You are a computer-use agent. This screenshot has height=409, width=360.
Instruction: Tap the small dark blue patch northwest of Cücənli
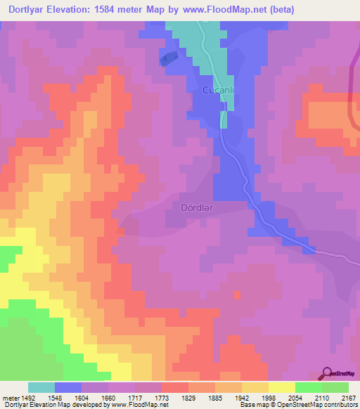coord(168,58)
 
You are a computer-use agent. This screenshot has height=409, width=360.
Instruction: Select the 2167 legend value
coord(349,398)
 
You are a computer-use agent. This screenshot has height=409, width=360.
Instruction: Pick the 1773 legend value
coord(162,398)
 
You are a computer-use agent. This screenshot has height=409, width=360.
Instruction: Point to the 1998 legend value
coord(269,398)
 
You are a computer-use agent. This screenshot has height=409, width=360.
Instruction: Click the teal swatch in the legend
coord(41,387)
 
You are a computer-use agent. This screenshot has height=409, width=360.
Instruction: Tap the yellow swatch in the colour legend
coord(282,387)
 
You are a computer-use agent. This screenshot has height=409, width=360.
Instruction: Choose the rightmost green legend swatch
coord(335,387)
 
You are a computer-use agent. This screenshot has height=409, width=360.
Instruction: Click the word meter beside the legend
coord(9,398)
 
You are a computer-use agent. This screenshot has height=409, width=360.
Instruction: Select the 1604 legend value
coord(82,398)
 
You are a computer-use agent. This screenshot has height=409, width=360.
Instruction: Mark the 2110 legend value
coord(322,398)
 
